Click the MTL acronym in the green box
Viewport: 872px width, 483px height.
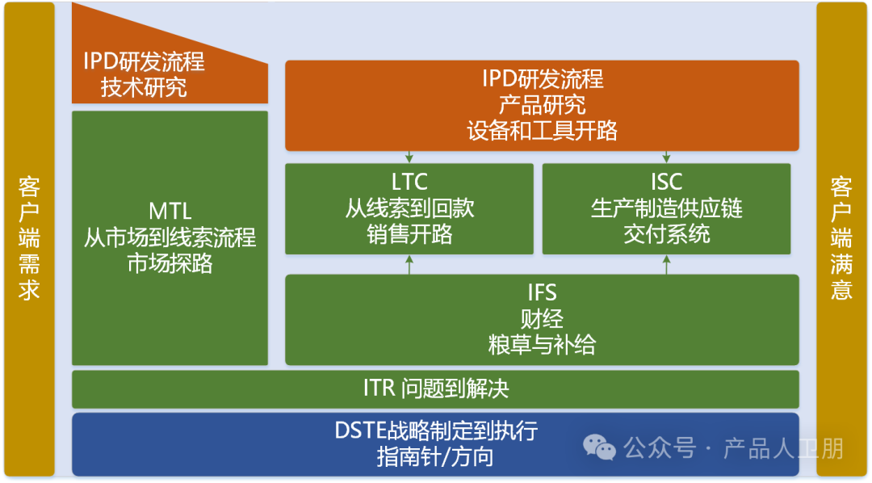pyautogui.click(x=170, y=212)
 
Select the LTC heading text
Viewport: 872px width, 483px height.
pyautogui.click(x=409, y=182)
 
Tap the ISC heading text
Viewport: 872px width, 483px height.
pyautogui.click(x=666, y=182)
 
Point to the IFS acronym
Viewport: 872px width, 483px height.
pyautogui.click(x=542, y=292)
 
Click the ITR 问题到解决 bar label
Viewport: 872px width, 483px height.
pyautogui.click(x=436, y=388)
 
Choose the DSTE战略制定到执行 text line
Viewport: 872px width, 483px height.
pyautogui.click(x=436, y=430)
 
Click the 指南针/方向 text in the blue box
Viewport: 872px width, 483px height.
pyautogui.click(x=436, y=457)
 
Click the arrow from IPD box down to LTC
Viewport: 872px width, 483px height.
pyautogui.click(x=409, y=157)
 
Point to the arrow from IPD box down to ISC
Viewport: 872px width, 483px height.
pyautogui.click(x=667, y=157)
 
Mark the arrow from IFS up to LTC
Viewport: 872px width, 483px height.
pyautogui.click(x=409, y=264)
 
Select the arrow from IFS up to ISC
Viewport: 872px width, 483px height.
pyautogui.click(x=667, y=264)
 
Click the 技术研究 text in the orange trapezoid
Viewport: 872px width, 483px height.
pyautogui.click(x=144, y=87)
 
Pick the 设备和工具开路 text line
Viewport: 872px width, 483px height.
pyautogui.click(x=542, y=131)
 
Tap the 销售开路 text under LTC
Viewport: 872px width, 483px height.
pyautogui.click(x=409, y=234)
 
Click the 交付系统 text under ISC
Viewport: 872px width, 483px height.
pyautogui.click(x=666, y=234)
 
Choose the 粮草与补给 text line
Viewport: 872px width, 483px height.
pyautogui.click(x=542, y=345)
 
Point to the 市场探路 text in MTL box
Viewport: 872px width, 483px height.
pyautogui.click(x=170, y=263)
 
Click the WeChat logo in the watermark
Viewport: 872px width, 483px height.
pyautogui.click(x=600, y=447)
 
